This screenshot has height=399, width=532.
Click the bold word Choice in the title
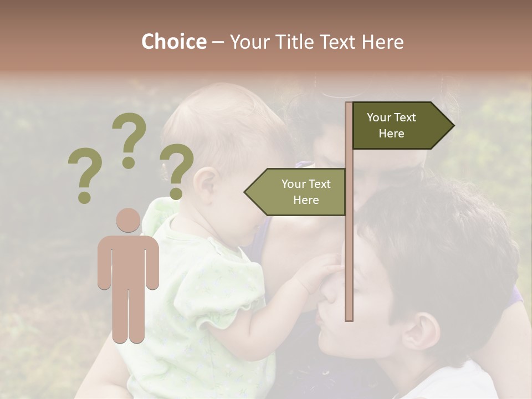tap(173, 42)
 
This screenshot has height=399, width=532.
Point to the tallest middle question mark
tap(129, 139)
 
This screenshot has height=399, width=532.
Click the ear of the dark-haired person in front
tap(421, 332)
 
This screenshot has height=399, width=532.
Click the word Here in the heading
tap(383, 42)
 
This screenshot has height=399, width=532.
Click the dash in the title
tap(217, 42)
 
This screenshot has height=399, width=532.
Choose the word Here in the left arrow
tap(306, 200)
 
